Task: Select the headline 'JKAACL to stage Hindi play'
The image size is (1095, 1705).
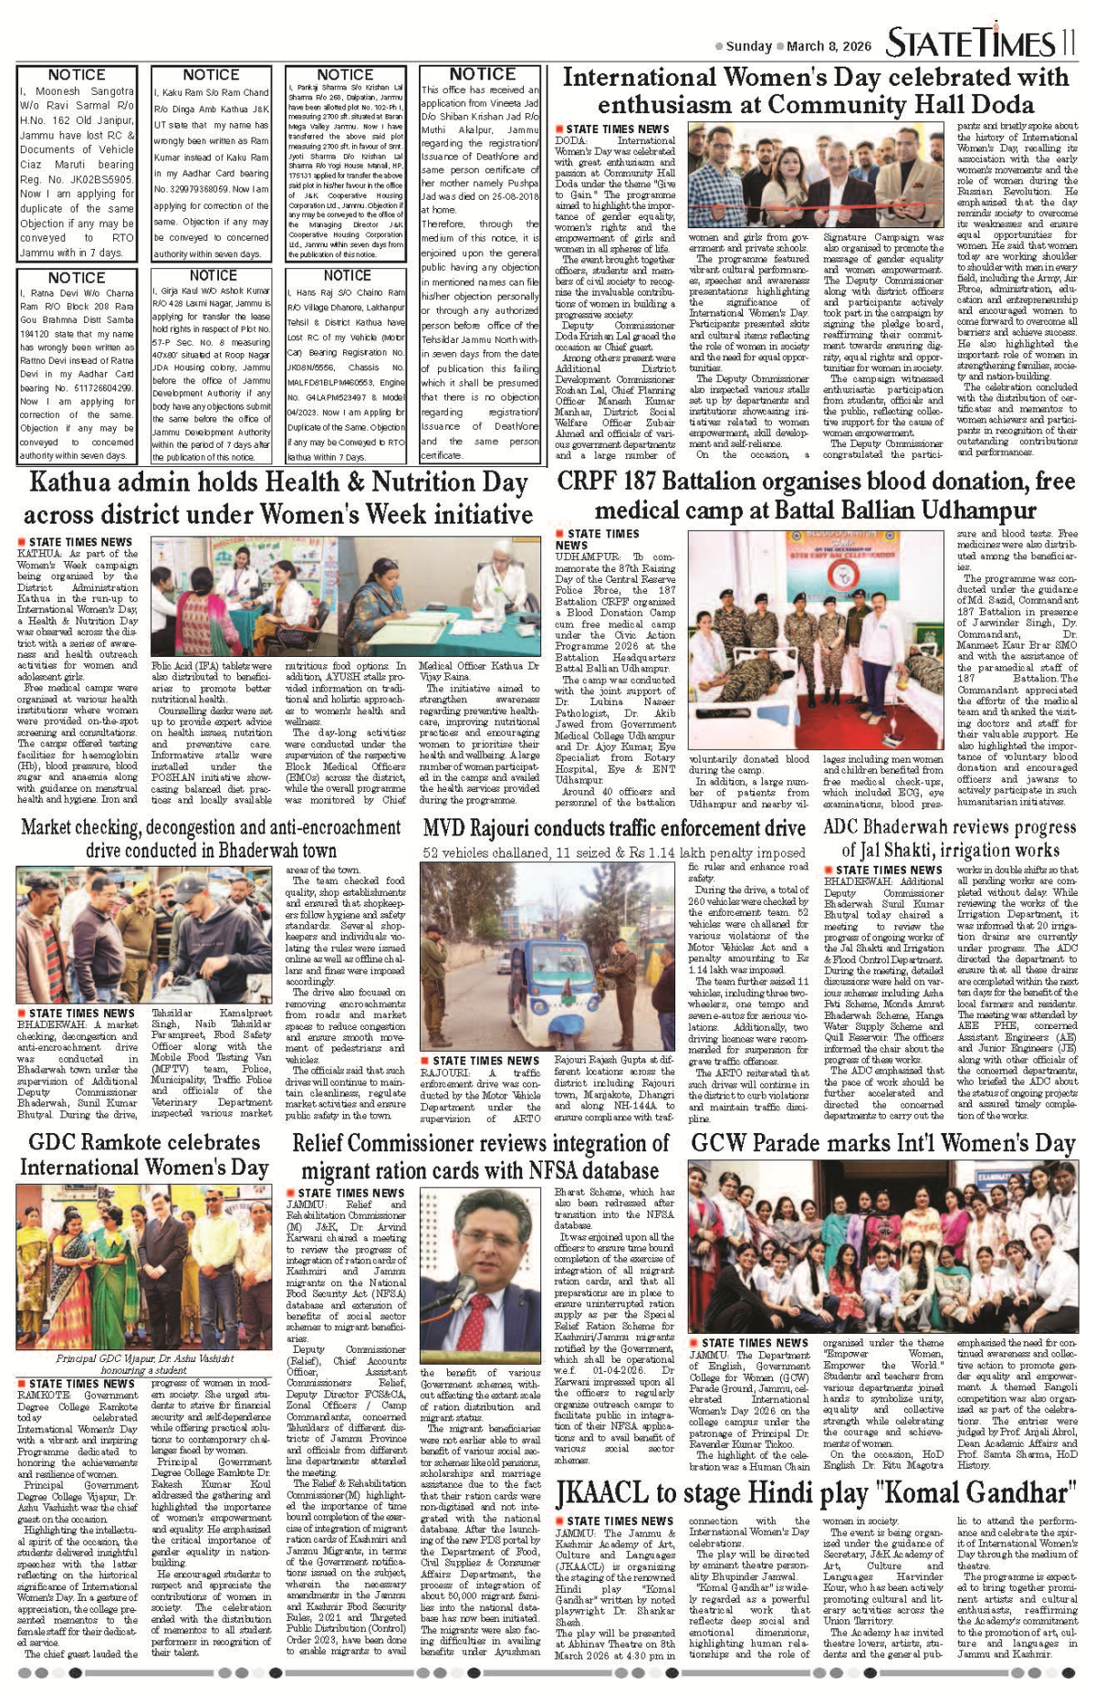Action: tap(817, 1492)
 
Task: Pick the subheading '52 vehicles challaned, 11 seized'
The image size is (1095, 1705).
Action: tap(614, 853)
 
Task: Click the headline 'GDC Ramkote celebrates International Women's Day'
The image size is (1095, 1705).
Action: tap(144, 1155)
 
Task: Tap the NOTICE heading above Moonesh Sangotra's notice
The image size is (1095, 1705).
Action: tap(77, 75)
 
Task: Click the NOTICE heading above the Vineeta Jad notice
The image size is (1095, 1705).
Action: tap(482, 74)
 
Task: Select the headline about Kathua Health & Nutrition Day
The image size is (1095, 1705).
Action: tap(278, 498)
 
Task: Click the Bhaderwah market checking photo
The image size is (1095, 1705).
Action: tap(144, 934)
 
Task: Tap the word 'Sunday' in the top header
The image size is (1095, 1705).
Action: tap(749, 46)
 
